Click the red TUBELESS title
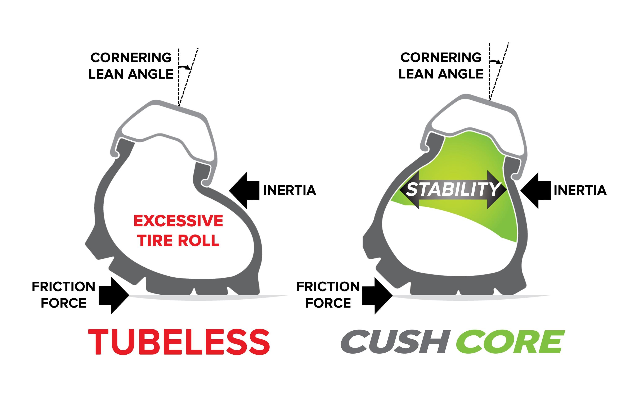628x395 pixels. pyautogui.click(x=179, y=342)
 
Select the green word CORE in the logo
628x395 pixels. pyautogui.click(x=511, y=342)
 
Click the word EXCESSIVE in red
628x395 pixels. pyautogui.click(x=178, y=221)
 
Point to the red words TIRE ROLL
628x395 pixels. pyautogui.click(x=179, y=240)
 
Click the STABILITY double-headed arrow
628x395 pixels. pyautogui.click(x=453, y=190)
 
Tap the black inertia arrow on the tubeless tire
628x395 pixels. pyautogui.click(x=244, y=191)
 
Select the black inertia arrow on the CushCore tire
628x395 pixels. pyautogui.click(x=536, y=191)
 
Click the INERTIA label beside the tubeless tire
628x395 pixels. pyautogui.click(x=290, y=190)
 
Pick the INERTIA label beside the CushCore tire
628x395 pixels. pyautogui.click(x=580, y=190)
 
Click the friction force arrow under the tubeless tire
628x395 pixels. pyautogui.click(x=114, y=295)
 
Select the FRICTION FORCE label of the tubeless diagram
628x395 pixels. pyautogui.click(x=64, y=295)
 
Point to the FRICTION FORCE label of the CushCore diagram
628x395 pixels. pyautogui.click(x=328, y=295)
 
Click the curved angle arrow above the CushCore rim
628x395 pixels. pyautogui.click(x=495, y=62)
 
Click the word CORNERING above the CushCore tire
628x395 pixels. pyautogui.click(x=441, y=57)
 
